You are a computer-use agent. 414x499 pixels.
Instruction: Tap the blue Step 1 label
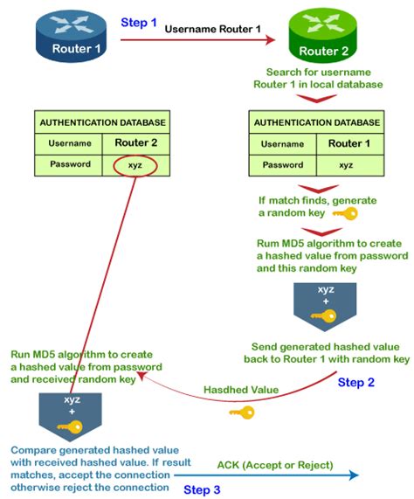click(x=137, y=24)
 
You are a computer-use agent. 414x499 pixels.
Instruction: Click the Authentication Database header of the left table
click(x=100, y=122)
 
